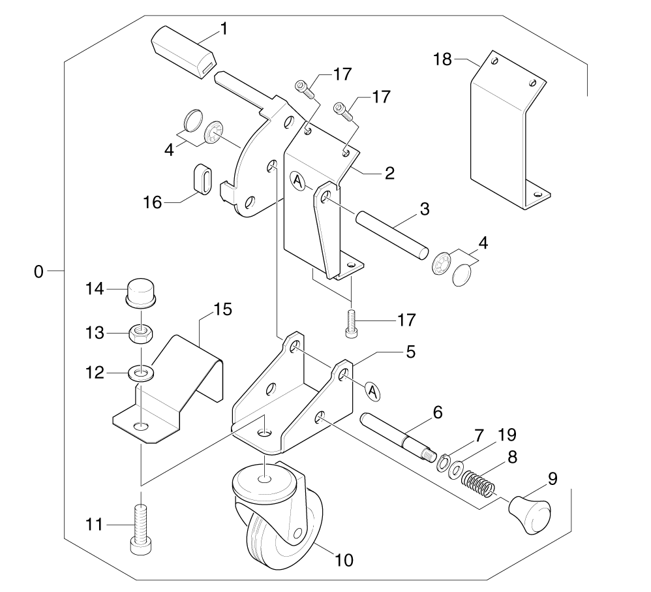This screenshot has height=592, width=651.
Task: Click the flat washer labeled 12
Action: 141,373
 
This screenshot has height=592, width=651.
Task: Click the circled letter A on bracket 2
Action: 297,179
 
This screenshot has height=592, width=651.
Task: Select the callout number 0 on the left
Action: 38,270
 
